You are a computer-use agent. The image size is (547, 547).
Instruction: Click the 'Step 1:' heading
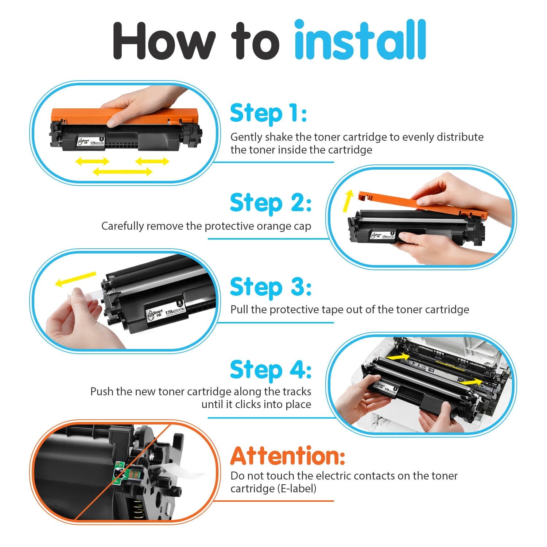268,113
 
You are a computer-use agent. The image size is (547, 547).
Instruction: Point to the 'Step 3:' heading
271,287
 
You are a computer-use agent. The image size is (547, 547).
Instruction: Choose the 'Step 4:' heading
271,369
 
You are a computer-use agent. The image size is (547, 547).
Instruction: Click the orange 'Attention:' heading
288,456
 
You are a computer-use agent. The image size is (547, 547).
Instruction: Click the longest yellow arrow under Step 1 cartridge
123,171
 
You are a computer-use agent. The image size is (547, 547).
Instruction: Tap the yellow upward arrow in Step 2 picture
348,201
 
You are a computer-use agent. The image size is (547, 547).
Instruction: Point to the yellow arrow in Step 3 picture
75,279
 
